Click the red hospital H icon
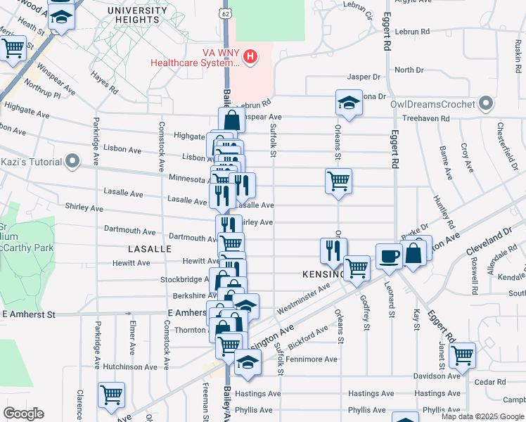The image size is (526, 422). coord(250,56)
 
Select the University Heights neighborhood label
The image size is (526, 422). coord(134,15)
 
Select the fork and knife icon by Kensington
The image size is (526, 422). coord(333,250)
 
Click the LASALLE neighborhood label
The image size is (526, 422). coord(149,249)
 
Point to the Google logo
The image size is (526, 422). coord(23,414)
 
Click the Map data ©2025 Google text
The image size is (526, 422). coord(482,416)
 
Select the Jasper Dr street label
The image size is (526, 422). coord(364,77)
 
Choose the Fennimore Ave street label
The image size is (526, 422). coord(312,359)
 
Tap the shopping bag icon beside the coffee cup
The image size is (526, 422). coord(416,252)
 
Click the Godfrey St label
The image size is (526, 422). coord(365,311)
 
